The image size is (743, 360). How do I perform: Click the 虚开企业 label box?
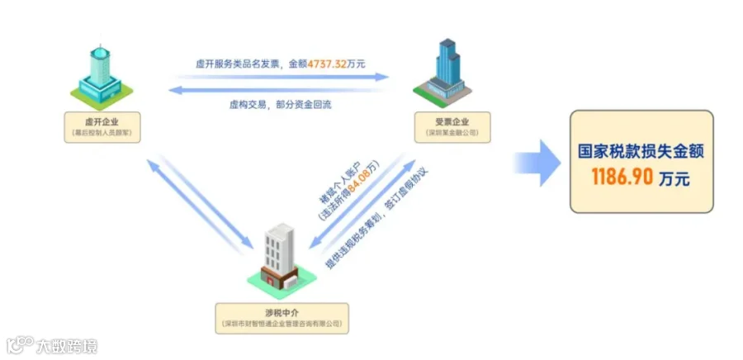(102, 127)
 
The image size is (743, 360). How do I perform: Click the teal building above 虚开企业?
(97, 74)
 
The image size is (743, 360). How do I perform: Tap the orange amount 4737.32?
(329, 63)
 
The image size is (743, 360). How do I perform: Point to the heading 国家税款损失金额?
(641, 152)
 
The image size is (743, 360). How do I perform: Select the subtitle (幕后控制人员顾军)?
(102, 132)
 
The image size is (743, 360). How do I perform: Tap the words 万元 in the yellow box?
(674, 178)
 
